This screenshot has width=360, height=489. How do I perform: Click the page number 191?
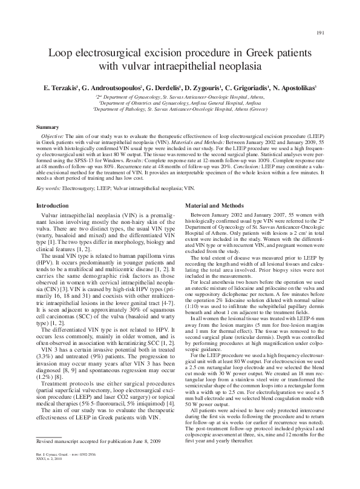(321, 32)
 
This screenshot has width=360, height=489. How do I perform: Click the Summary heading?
(48, 127)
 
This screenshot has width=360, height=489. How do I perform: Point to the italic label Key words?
(50, 188)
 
